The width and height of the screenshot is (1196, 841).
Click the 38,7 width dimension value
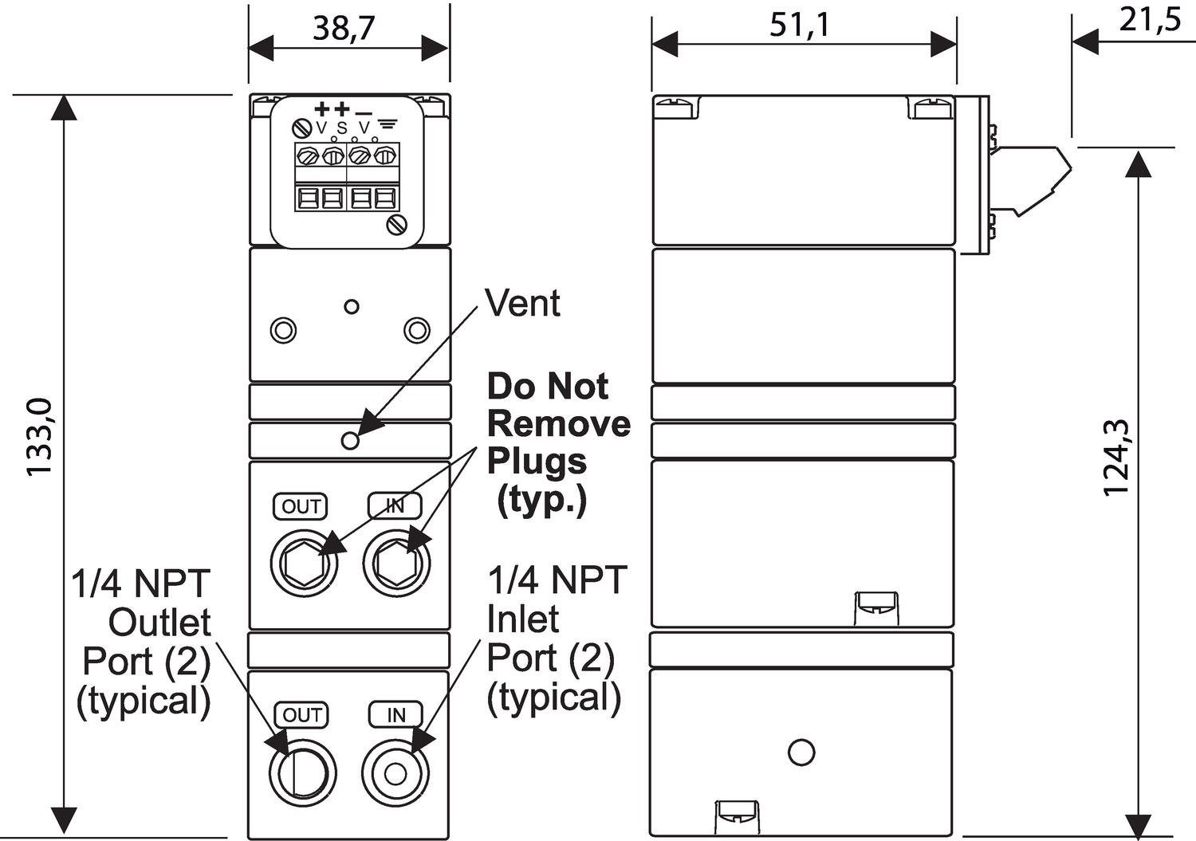click(344, 28)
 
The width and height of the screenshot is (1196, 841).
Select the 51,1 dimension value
click(800, 25)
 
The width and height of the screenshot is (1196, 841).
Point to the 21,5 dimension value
click(1150, 19)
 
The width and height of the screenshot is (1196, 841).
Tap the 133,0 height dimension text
click(40, 437)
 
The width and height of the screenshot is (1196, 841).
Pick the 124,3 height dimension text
click(1116, 457)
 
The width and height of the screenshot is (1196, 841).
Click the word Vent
click(522, 304)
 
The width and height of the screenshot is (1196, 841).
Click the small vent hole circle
click(350, 440)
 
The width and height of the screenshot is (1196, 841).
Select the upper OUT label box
click(301, 506)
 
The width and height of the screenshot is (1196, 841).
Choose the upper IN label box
click(395, 505)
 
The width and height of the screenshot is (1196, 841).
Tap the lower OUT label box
click(301, 715)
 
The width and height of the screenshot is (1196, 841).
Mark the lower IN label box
click(395, 715)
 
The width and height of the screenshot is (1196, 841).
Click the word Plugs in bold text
click(537, 462)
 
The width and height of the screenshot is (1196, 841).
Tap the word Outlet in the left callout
click(159, 623)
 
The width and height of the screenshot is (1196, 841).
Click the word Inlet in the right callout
click(523, 619)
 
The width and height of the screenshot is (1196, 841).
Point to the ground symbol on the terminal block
click(388, 124)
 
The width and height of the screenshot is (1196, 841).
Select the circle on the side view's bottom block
click(801, 752)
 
